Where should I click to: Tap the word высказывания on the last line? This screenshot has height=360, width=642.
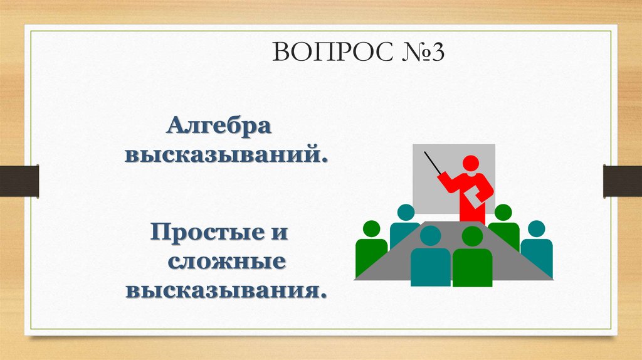coord(228,290)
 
